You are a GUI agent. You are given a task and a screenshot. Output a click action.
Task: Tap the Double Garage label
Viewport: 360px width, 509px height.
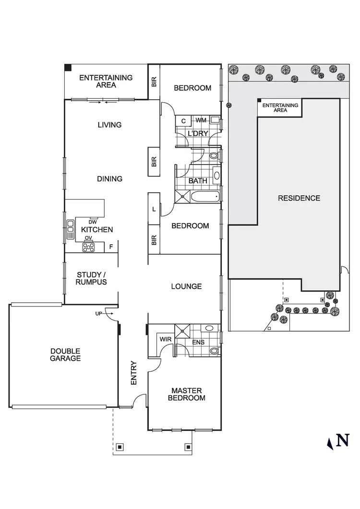(x=65, y=355)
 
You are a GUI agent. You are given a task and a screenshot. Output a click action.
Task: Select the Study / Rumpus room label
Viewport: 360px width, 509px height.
(x=92, y=279)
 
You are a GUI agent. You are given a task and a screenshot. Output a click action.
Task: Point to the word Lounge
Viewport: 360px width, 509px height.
(x=186, y=286)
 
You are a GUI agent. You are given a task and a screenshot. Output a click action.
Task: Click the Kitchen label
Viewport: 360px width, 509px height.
(x=97, y=230)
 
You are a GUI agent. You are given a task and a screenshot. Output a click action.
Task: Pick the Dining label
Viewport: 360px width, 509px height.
(x=110, y=178)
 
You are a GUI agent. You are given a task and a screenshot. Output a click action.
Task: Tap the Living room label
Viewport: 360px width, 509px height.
(x=109, y=125)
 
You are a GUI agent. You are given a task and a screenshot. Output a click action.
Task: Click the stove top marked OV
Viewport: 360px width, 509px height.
(x=89, y=247)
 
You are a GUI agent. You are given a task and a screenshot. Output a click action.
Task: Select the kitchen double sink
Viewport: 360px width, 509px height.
(x=71, y=229)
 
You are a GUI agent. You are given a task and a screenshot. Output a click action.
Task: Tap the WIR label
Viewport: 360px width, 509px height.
(x=166, y=339)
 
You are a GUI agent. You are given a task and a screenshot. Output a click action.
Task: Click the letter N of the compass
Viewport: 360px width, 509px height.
(x=342, y=440)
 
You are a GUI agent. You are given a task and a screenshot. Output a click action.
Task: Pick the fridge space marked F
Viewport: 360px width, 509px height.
(x=111, y=247)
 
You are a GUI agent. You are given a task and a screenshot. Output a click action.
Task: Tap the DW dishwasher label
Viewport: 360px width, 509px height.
(x=93, y=222)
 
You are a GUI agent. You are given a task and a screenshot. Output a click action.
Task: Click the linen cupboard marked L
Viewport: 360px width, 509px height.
(x=154, y=209)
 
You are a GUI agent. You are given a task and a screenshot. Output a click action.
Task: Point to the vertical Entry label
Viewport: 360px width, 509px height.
(x=134, y=373)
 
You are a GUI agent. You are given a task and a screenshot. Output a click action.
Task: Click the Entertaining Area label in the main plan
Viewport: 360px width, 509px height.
(x=106, y=81)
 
